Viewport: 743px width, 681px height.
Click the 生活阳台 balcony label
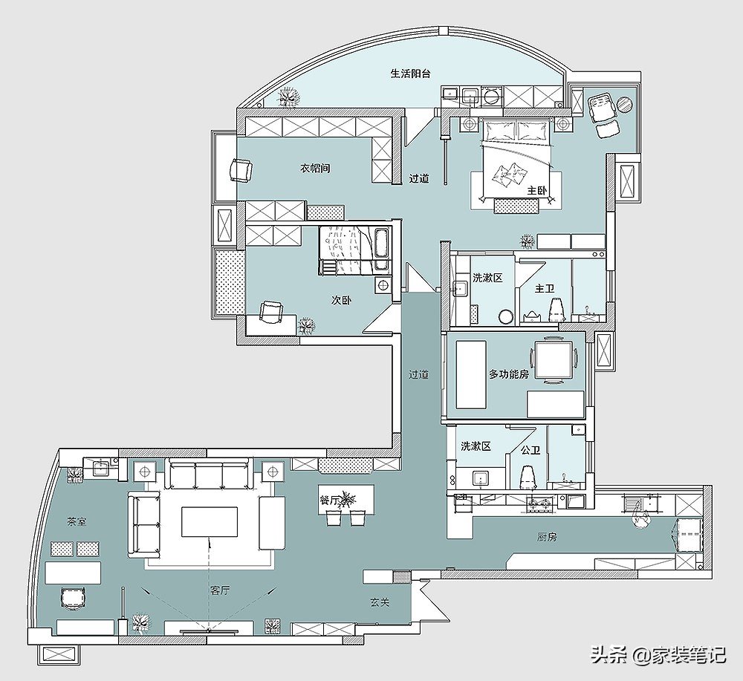pos(410,74)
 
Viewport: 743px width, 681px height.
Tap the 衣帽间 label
pos(315,168)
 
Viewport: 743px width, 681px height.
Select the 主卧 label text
pos(537,190)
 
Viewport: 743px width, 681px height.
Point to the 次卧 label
pos(341,300)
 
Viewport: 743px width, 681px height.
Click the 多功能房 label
pos(509,374)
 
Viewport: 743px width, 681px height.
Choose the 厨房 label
pos(546,537)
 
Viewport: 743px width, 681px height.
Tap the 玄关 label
pos(380,602)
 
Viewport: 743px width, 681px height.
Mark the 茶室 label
pos(77,522)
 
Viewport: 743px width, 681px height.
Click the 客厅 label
pos(220,590)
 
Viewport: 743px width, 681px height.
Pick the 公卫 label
pos(531,450)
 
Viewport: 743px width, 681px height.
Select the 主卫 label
pos(545,288)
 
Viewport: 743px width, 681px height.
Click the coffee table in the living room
pos(210,521)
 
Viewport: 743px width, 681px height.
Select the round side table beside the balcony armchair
pos(624,104)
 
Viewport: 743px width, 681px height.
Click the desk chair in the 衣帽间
pos(241,170)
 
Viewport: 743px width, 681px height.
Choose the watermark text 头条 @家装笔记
pos(658,655)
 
